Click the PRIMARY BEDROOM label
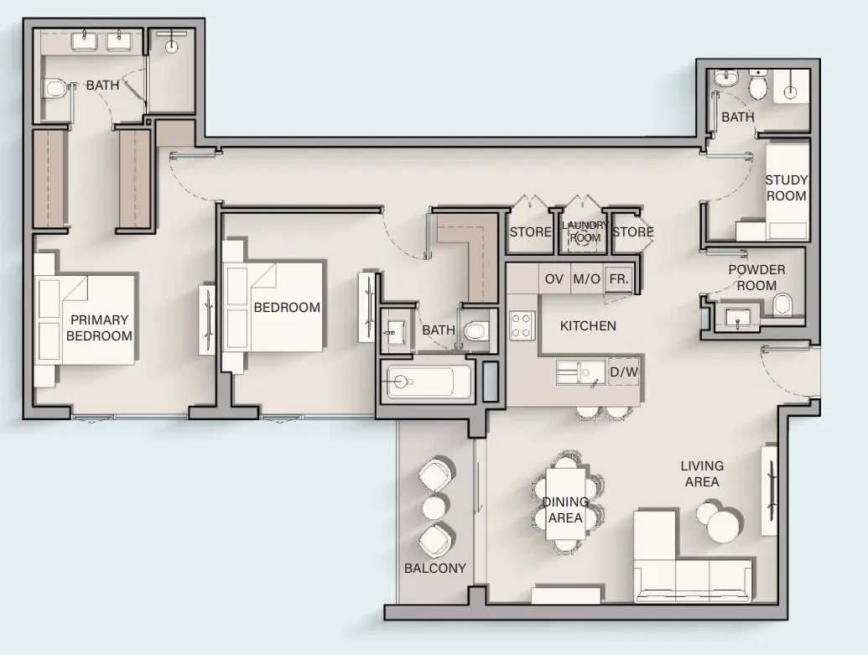click(x=100, y=327)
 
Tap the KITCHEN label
click(x=588, y=325)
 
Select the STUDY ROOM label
click(x=786, y=188)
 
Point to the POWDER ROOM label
click(x=756, y=277)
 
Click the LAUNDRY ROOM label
click(x=585, y=231)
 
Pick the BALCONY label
click(x=434, y=568)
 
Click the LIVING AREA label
click(x=702, y=473)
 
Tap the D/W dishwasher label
click(x=623, y=372)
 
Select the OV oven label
click(x=554, y=278)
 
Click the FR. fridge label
click(x=619, y=278)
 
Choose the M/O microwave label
click(x=586, y=278)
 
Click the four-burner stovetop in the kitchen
click(x=522, y=325)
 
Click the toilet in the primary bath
click(x=55, y=86)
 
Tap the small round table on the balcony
click(x=434, y=507)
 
